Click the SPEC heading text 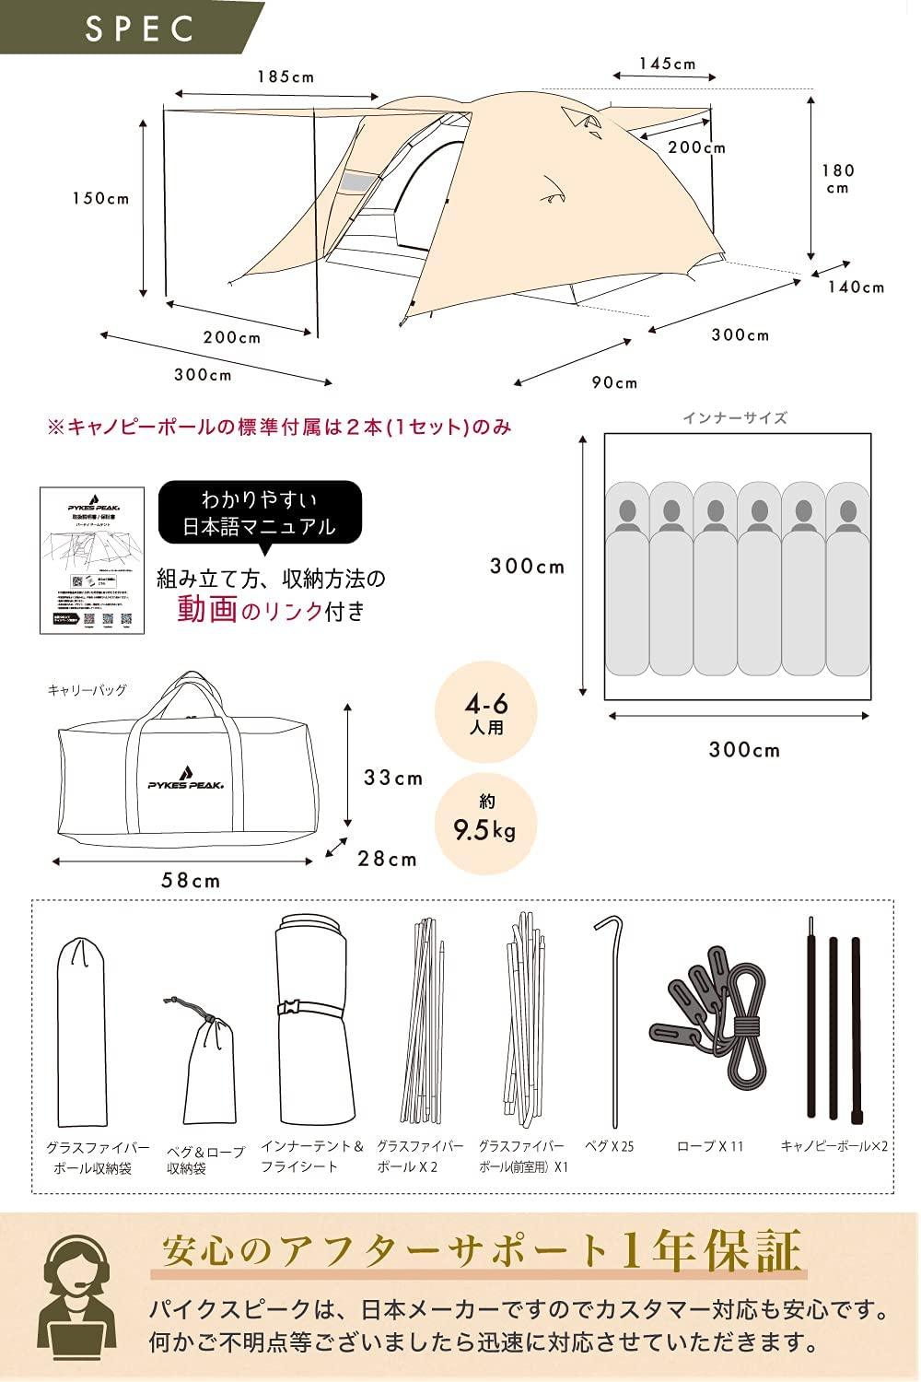(x=140, y=28)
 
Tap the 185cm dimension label (x=286, y=77)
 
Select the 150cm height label (x=101, y=198)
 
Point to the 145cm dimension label (x=668, y=64)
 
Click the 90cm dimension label (x=614, y=382)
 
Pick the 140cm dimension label (x=856, y=287)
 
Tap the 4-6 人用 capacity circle (x=486, y=715)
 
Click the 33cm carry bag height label (x=393, y=778)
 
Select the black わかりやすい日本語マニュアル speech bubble (x=260, y=513)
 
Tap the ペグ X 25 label (x=610, y=1146)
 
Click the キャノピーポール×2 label (x=834, y=1146)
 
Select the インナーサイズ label (x=734, y=417)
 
